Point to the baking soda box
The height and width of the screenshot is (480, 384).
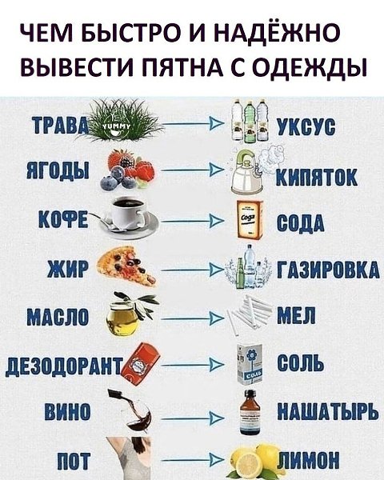(x=250, y=219)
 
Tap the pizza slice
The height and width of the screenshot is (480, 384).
(x=128, y=266)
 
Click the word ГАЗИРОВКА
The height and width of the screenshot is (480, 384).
(x=328, y=270)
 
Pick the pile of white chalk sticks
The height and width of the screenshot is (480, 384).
(x=250, y=314)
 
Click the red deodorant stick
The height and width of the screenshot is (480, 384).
(x=141, y=361)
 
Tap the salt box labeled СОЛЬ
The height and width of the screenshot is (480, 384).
(x=250, y=364)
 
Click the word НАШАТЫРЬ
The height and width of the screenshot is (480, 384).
(x=328, y=411)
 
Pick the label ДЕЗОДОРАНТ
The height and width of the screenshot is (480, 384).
(x=65, y=364)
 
